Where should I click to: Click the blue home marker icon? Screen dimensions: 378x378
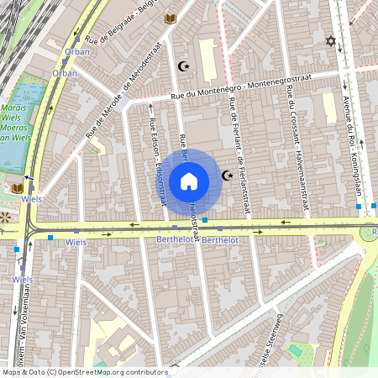click(189, 181)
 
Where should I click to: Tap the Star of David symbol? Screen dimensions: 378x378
click(330, 40)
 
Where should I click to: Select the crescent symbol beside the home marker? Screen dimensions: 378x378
click(227, 175)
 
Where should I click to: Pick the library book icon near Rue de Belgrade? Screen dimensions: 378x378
click(171, 18)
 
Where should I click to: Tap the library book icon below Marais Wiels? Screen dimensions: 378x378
click(18, 187)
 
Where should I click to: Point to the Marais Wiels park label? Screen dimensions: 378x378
click(17, 123)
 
